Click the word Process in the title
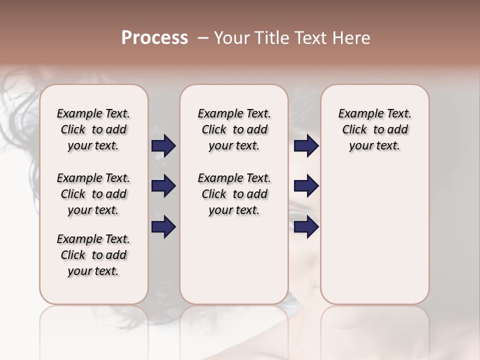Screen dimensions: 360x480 tap(154, 38)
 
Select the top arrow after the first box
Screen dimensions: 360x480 tap(163, 146)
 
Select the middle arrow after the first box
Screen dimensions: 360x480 tap(163, 186)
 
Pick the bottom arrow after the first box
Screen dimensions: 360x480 tap(163, 227)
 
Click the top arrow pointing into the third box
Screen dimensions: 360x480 tap(306, 146)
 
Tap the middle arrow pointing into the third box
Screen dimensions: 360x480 tap(306, 186)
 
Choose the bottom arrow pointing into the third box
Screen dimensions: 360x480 tap(306, 227)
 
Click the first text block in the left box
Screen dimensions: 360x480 tap(93, 129)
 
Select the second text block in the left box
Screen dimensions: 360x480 tap(93, 194)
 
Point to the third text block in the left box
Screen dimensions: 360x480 tap(93, 255)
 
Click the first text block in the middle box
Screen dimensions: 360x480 tap(234, 129)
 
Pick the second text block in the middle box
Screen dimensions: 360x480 tap(234, 194)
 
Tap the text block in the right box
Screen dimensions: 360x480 tap(374, 129)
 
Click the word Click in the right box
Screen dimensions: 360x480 tap(354, 130)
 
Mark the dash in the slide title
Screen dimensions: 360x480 tap(203, 38)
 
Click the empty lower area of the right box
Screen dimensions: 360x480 tap(374, 235)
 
